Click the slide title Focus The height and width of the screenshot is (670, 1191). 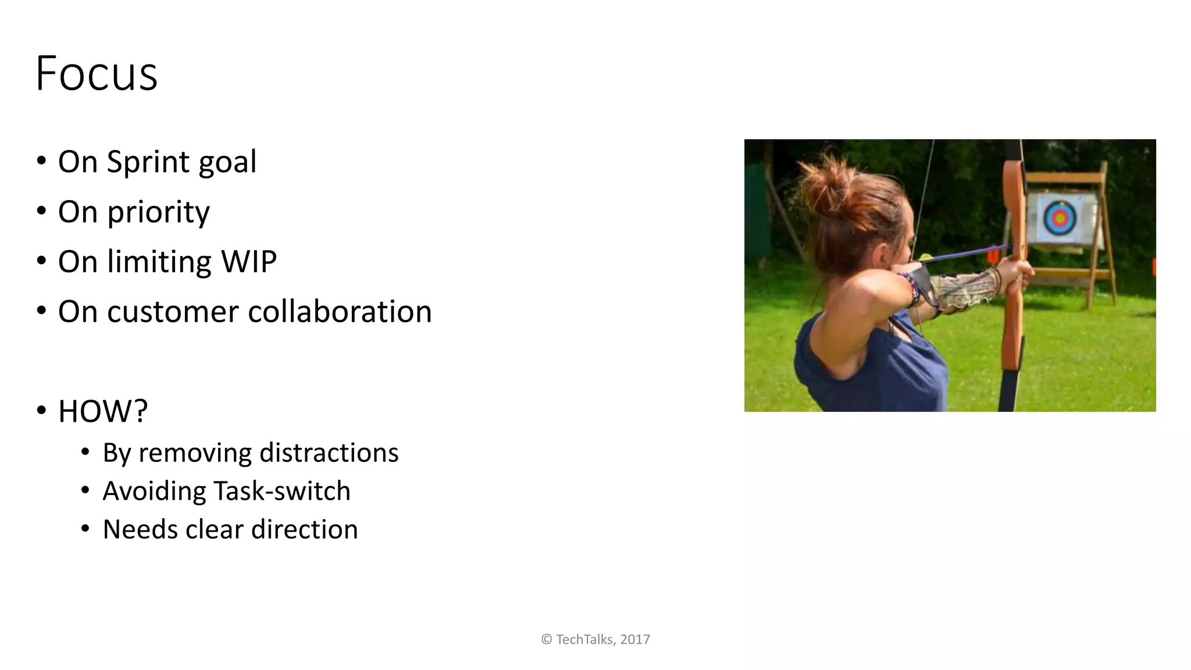(x=97, y=74)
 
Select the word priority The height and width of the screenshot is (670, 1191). (x=158, y=213)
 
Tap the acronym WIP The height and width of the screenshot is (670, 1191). (x=248, y=262)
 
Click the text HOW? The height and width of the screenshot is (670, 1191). (x=103, y=412)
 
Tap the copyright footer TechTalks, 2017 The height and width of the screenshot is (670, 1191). (x=595, y=639)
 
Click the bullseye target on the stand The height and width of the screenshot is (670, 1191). (x=1060, y=218)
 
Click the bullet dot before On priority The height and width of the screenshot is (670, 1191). (x=41, y=211)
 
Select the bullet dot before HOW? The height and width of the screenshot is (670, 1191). (x=41, y=411)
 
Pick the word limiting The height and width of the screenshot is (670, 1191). (x=159, y=262)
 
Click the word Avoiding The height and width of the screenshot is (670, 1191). (x=154, y=491)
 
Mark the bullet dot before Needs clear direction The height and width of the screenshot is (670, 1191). (x=85, y=529)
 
